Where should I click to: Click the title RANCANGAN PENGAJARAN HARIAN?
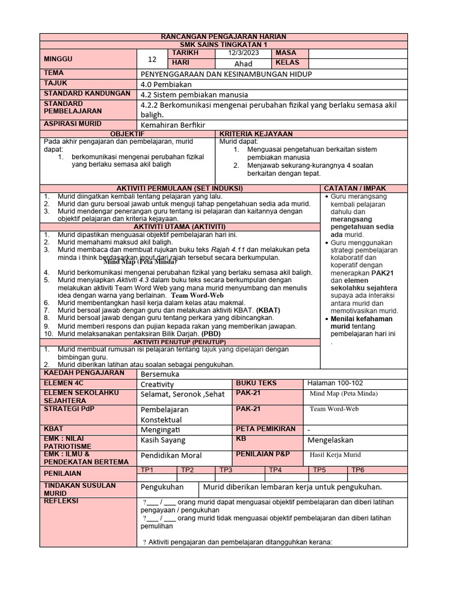[x=224, y=37]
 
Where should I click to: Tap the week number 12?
[x=152, y=59]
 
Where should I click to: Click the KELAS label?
[x=287, y=63]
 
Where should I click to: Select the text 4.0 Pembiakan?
[x=164, y=84]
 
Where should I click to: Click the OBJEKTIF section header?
[x=129, y=133]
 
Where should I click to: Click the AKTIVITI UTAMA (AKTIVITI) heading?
[x=180, y=226]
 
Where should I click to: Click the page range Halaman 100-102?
[x=335, y=383]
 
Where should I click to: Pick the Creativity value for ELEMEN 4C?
[x=157, y=384]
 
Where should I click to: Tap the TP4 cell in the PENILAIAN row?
[x=276, y=470]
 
